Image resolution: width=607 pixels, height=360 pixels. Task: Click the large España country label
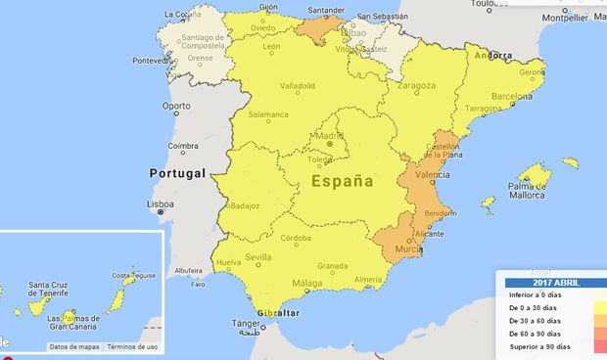coord(342,181)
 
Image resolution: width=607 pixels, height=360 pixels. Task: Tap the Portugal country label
coord(177,173)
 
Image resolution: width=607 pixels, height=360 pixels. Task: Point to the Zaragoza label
coord(416,86)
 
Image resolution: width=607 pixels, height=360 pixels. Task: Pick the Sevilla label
coord(258,257)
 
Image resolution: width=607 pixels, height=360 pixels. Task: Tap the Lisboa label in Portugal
coord(160,205)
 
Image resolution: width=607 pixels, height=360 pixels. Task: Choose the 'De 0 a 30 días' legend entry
coord(535,306)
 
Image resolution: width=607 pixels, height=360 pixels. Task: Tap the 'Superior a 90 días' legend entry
coord(538,346)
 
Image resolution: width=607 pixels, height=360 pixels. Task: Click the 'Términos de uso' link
coord(133,346)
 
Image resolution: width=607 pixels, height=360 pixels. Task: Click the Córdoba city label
coord(296,238)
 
